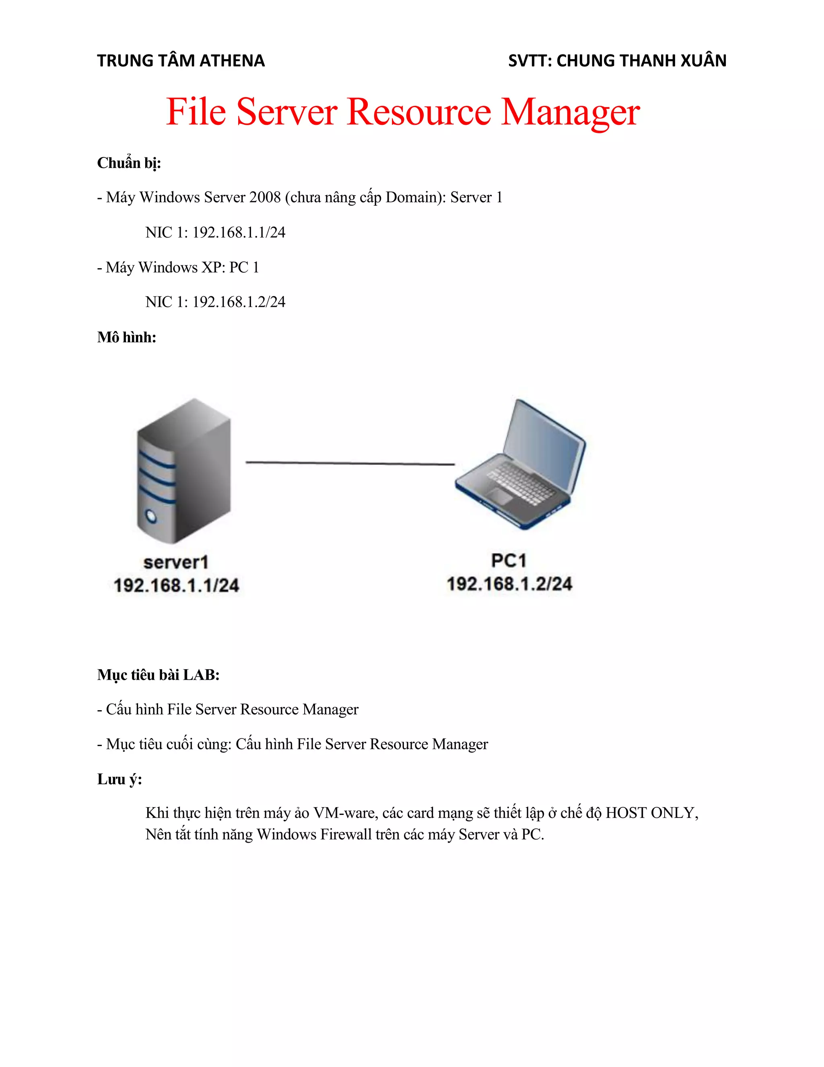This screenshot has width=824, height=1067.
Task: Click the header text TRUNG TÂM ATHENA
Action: click(x=181, y=60)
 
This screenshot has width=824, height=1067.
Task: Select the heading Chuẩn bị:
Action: click(x=129, y=163)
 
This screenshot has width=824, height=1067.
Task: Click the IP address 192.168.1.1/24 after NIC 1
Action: click(x=239, y=233)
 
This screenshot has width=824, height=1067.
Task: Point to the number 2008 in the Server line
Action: click(x=265, y=197)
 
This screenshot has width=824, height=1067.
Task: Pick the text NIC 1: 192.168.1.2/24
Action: click(x=215, y=302)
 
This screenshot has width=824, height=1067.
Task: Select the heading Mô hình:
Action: click(x=126, y=337)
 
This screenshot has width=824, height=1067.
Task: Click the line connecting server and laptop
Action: click(x=350, y=462)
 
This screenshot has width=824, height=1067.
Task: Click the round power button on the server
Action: click(x=151, y=516)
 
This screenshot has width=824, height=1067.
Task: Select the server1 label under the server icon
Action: click(x=176, y=562)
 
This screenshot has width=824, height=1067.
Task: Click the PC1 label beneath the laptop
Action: click(x=509, y=560)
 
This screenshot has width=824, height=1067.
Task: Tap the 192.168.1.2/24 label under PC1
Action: click(x=509, y=584)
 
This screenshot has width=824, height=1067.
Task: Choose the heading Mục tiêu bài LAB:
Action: click(x=158, y=675)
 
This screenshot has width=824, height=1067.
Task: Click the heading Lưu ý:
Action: click(x=119, y=779)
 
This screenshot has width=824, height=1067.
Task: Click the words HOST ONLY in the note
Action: click(x=651, y=813)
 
